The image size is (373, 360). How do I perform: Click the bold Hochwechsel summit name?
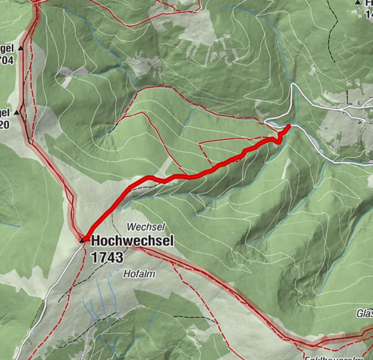[x=132, y=241]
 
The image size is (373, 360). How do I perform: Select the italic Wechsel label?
[x=146, y=227]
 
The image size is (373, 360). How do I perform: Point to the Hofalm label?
[x=139, y=274]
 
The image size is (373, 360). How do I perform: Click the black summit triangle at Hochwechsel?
[x=83, y=240]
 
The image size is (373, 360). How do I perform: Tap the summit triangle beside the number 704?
[x=20, y=48]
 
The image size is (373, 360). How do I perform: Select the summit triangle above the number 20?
[x=17, y=112]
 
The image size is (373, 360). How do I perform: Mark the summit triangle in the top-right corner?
[x=358, y=3]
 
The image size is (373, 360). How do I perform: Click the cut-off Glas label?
[x=365, y=314]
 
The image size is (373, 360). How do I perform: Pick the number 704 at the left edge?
[x=8, y=60]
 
